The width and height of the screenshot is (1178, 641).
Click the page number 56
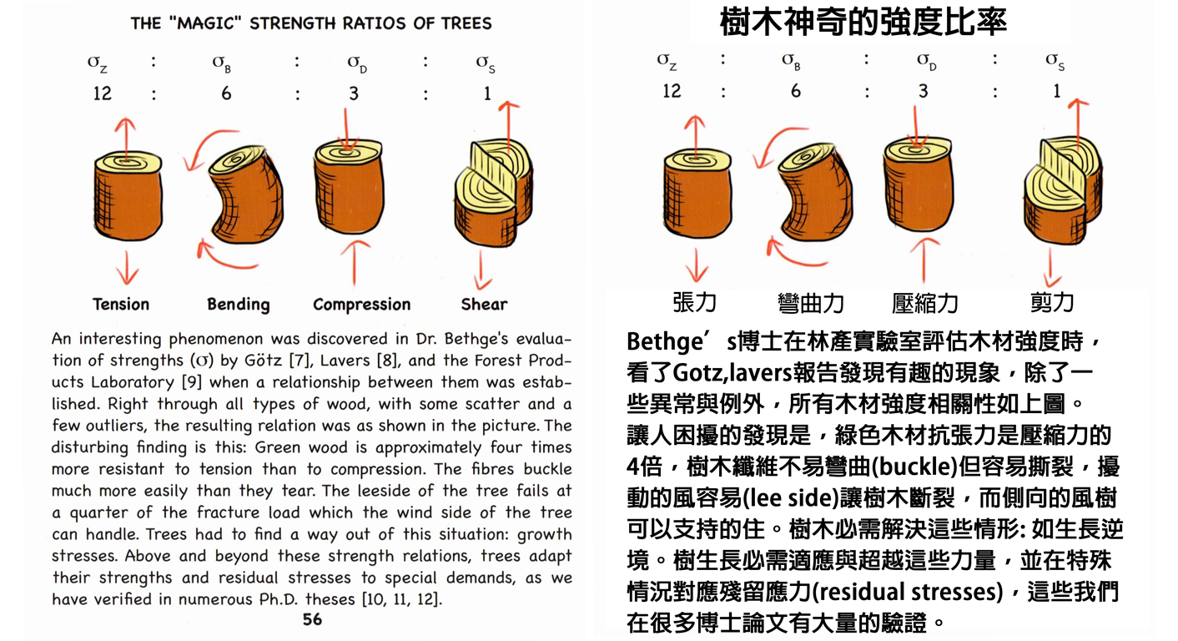tap(312, 619)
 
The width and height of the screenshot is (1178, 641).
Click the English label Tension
tap(121, 304)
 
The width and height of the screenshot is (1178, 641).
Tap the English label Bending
tap(239, 304)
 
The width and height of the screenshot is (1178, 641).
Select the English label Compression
tap(361, 305)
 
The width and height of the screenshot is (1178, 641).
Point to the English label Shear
tap(484, 304)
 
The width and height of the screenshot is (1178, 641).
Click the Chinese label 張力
tap(694, 302)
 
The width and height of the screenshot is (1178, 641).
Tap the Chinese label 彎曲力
tap(810, 303)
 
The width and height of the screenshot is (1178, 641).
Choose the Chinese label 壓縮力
tap(924, 303)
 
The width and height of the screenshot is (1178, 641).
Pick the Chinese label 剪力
tap(1051, 301)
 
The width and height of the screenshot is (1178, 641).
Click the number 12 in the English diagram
tap(102, 93)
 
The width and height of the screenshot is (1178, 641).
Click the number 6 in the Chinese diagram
tap(795, 90)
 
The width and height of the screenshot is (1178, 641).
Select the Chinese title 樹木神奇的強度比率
tap(863, 22)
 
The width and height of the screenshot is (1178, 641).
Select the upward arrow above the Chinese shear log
tap(1080, 117)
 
